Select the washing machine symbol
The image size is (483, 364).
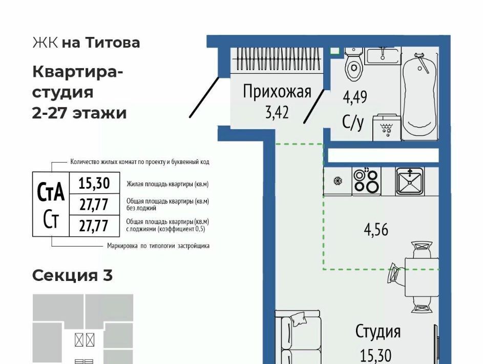tap(387, 128)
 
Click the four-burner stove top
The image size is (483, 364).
tap(366, 181)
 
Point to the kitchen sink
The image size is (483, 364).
tap(410, 181)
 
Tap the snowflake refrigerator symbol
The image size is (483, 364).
tap(338, 181)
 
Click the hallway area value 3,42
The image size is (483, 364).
tap(277, 112)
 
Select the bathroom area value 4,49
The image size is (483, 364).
tap(355, 97)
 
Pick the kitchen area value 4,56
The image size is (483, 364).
tap(376, 230)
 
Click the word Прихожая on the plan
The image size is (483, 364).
tap(277, 91)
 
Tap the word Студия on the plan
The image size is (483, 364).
tap(378, 332)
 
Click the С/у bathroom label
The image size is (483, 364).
tap(353, 122)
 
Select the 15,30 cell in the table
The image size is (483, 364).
tap(94, 183)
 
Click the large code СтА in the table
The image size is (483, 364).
tap(51, 192)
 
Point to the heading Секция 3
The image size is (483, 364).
tap(72, 275)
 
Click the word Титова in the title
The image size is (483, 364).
tap(113, 43)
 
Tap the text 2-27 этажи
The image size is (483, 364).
tap(79, 113)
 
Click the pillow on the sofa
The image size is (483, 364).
tap(298, 319)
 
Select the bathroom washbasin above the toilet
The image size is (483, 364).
tap(383, 56)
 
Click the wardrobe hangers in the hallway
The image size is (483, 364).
tap(279, 59)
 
